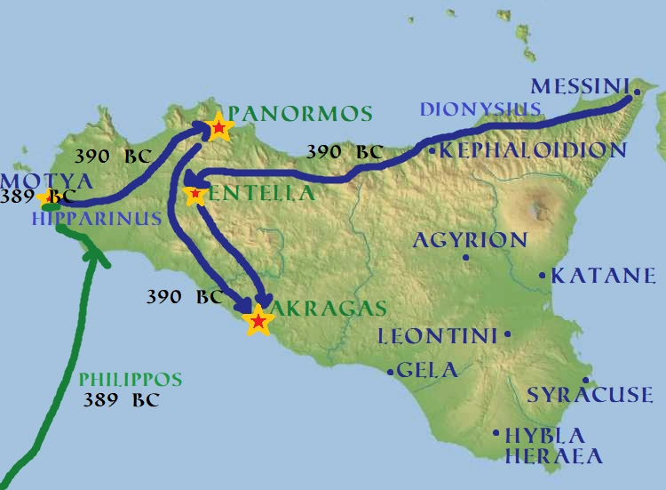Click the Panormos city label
click(300, 114)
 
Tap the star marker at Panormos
click(218, 129)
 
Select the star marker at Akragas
click(258, 320)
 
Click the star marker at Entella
click(194, 192)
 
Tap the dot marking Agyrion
click(465, 258)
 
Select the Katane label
click(604, 276)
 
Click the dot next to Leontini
click(507, 334)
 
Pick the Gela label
click(428, 371)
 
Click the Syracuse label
click(590, 395)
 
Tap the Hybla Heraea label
click(552, 446)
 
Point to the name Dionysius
click(480, 109)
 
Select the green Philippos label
click(130, 381)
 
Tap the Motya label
click(34, 181)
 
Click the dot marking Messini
click(637, 92)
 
